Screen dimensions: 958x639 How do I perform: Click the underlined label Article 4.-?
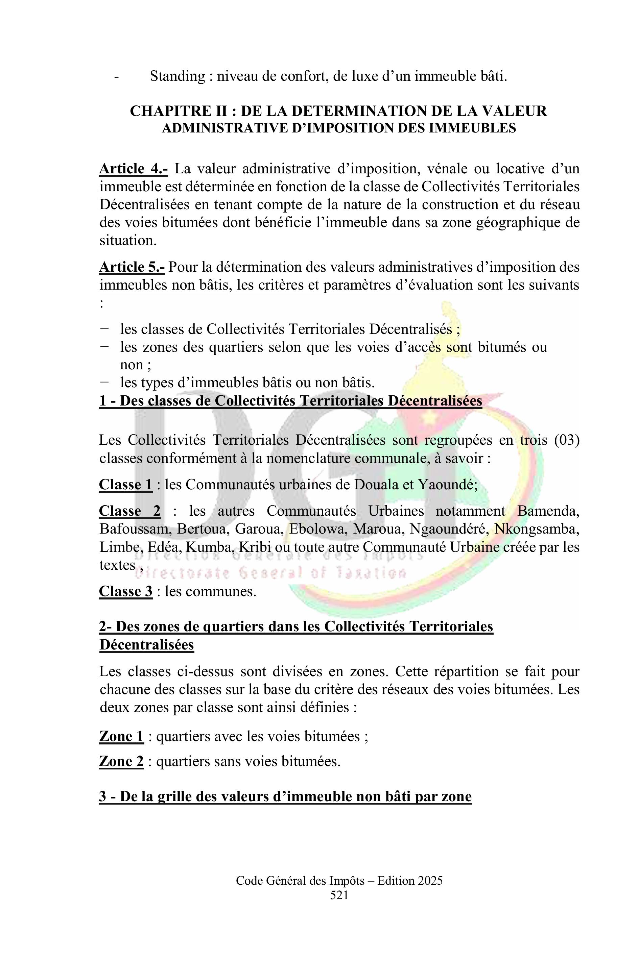(x=133, y=169)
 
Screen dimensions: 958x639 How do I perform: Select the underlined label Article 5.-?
(x=132, y=267)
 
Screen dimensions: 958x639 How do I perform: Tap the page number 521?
(x=339, y=895)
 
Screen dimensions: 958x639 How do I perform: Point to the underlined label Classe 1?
(x=125, y=485)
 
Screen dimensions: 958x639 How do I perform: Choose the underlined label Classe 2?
(x=129, y=511)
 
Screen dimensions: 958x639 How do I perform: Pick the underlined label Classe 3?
(x=125, y=591)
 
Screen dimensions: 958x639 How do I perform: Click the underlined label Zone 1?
(x=121, y=736)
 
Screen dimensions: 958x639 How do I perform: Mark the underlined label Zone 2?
(x=121, y=761)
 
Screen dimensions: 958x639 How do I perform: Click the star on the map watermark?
(x=429, y=417)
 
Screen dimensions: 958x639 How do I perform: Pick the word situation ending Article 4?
(x=127, y=240)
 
